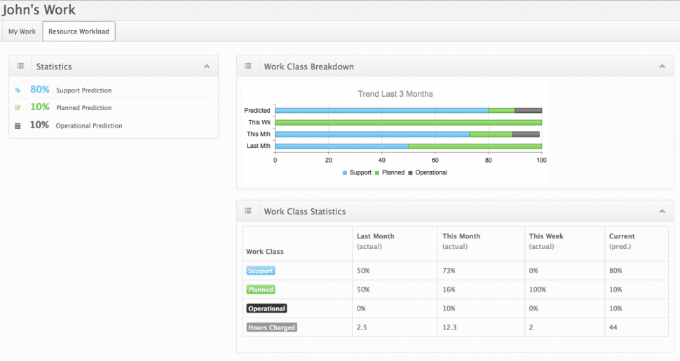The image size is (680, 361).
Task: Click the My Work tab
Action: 22,32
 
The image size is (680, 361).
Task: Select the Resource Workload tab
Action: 79,32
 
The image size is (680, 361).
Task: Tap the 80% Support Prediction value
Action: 39,90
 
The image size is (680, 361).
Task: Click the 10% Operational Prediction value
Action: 39,125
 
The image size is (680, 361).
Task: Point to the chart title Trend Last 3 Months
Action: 395,94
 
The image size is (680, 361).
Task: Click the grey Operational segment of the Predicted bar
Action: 528,110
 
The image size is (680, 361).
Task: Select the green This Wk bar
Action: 408,122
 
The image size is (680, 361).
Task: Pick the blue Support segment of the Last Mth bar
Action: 341,146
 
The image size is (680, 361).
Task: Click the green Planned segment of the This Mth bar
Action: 491,134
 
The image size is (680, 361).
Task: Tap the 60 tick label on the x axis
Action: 435,161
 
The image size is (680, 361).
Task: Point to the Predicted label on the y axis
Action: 257,111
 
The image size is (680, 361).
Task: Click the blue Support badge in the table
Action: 260,271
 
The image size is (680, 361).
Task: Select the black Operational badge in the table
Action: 266,308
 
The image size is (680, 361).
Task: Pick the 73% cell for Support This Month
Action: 449,271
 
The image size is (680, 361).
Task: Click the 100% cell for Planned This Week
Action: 538,290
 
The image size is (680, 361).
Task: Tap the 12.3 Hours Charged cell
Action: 449,327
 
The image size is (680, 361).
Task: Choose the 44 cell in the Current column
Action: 614,327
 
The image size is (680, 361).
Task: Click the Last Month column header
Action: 376,236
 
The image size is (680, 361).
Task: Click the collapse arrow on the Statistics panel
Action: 207,67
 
